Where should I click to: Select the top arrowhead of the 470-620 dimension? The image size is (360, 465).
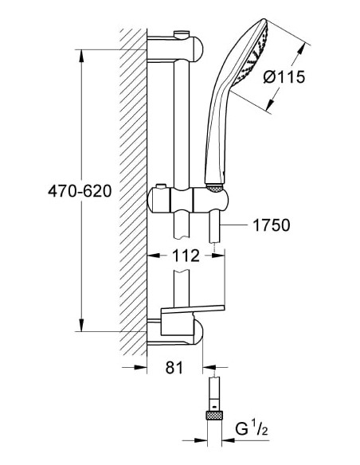81,54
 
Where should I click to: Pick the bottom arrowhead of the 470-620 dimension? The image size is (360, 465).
81,326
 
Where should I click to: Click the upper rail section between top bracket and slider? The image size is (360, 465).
182,119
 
